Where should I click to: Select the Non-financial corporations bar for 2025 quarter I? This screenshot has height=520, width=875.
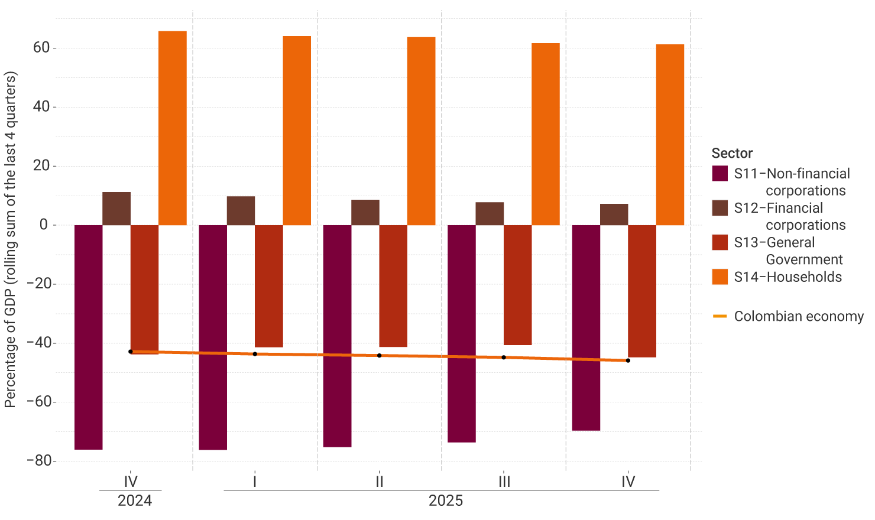point(213,337)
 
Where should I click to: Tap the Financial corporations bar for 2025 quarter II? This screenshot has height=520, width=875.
point(365,213)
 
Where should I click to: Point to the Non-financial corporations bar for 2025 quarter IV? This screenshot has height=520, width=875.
point(586,327)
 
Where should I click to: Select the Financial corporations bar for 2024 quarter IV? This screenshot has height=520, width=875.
point(116,209)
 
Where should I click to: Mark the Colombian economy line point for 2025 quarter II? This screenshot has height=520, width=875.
point(380,355)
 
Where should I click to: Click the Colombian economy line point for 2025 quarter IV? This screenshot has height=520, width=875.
point(628,360)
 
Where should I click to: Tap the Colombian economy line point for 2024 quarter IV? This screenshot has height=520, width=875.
point(131,352)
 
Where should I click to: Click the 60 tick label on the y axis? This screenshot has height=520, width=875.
point(41,48)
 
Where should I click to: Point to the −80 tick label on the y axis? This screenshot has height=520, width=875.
point(38,461)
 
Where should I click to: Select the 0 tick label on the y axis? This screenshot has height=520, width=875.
point(44,225)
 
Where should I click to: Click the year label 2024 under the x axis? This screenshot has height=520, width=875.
point(135,500)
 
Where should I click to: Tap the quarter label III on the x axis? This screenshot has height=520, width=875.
point(504,482)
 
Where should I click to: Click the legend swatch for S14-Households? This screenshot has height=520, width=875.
point(720,277)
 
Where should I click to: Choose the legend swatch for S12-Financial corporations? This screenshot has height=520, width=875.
point(720,208)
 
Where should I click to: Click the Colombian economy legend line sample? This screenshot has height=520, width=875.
point(720,316)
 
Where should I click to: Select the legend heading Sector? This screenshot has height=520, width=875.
point(732,153)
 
